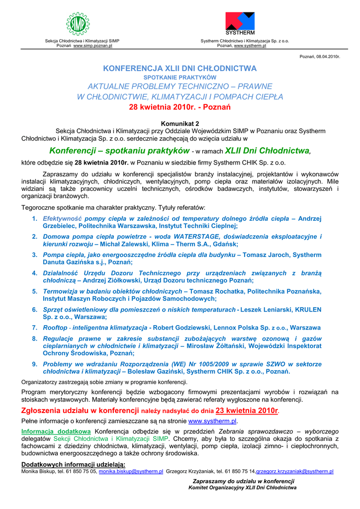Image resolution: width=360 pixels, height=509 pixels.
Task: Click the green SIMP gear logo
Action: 79,24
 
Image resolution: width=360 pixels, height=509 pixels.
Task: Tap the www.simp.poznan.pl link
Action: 93,45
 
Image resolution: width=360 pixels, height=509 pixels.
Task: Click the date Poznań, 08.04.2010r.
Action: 320,57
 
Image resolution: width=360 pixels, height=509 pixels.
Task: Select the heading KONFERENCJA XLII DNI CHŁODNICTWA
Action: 180,68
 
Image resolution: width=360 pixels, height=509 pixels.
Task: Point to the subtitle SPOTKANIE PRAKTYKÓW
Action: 180,78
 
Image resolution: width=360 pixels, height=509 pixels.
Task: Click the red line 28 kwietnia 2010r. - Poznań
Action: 180,107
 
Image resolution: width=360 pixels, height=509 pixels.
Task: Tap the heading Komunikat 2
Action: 180,123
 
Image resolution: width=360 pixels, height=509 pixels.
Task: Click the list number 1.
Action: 34,218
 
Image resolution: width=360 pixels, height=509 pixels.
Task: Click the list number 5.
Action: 34,291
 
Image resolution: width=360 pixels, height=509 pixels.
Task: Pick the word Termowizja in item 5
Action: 60,291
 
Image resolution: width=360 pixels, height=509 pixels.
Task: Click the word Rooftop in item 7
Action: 55,328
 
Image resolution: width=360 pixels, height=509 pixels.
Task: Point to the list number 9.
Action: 34,364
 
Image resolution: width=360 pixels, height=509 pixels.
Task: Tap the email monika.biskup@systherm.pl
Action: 131,471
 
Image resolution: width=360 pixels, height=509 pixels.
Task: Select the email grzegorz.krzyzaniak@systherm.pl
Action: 295,471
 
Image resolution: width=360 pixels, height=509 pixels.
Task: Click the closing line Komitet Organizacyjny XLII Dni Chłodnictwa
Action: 242,488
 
